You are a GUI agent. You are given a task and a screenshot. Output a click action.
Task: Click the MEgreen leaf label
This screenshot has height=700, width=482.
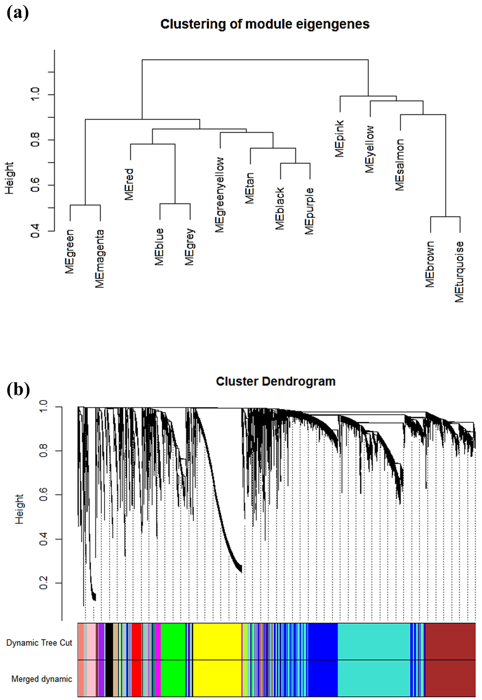[70, 251]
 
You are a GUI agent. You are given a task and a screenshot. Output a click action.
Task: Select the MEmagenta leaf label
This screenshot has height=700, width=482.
[100, 259]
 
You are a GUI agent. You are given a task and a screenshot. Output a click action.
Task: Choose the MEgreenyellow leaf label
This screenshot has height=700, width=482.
[220, 195]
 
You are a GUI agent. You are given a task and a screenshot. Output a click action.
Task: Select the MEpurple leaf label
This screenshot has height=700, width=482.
[310, 211]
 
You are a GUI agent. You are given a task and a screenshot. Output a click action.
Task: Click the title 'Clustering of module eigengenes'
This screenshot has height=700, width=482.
[265, 24]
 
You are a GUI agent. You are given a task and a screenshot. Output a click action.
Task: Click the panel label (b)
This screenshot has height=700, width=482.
[18, 390]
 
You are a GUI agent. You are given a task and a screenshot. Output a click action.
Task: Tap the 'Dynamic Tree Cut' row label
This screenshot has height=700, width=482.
[39, 643]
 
